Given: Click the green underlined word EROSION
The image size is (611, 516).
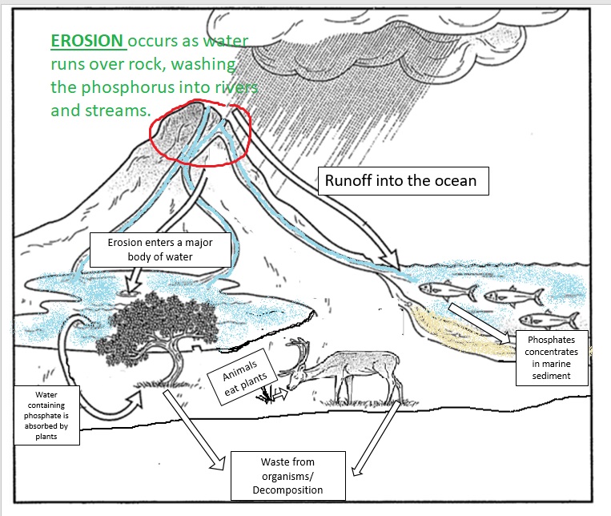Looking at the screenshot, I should (86, 40).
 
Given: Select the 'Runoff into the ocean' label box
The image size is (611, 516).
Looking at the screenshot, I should (400, 181).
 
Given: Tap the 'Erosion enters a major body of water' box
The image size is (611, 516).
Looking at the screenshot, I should (163, 250).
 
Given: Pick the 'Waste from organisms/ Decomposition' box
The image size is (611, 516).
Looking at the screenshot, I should (287, 474).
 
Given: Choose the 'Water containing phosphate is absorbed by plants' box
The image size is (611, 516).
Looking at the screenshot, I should (46, 415).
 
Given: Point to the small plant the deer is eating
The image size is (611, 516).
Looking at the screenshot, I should (267, 395).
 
